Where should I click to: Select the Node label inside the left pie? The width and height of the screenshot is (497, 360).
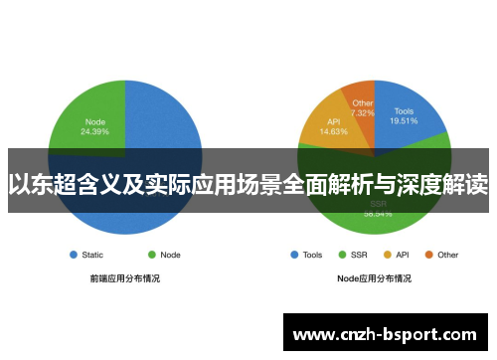pyautogui.click(x=95, y=121)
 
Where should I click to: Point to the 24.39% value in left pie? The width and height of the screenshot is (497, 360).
pyautogui.click(x=95, y=131)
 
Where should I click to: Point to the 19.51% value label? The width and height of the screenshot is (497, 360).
pyautogui.click(x=404, y=122)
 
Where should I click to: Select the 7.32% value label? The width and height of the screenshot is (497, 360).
pyautogui.click(x=362, y=111)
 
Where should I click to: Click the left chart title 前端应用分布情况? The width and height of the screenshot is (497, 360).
pyautogui.click(x=124, y=278)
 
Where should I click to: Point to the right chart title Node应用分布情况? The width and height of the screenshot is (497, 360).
pyautogui.click(x=374, y=278)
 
